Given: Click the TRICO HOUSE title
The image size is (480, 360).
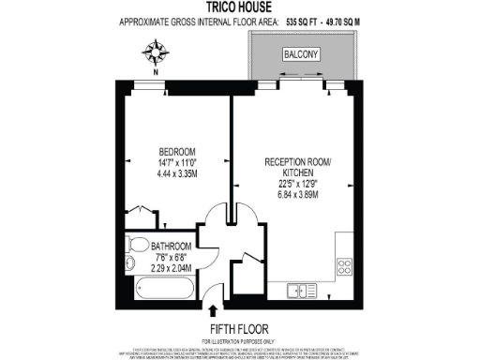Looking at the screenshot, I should point(240,7).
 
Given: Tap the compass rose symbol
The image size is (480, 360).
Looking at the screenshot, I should point(155,56).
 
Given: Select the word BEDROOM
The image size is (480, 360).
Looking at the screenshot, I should point(176,152).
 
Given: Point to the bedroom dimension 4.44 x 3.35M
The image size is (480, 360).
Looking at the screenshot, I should point(176,173).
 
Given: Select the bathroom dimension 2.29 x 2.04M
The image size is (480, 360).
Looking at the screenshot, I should point(165,267).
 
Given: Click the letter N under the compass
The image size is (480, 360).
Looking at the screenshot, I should point(156,73).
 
